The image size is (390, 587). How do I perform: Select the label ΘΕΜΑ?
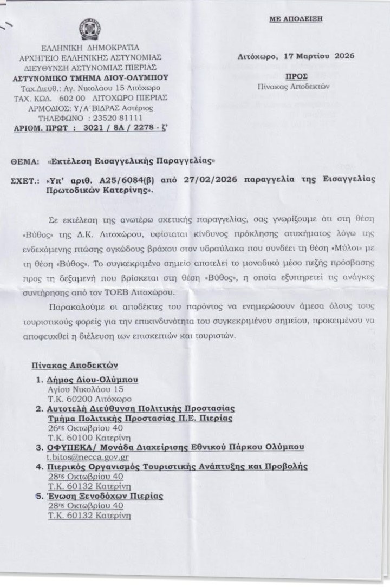coord(26,161)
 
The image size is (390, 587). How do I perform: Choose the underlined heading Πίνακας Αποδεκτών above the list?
coord(74,366)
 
